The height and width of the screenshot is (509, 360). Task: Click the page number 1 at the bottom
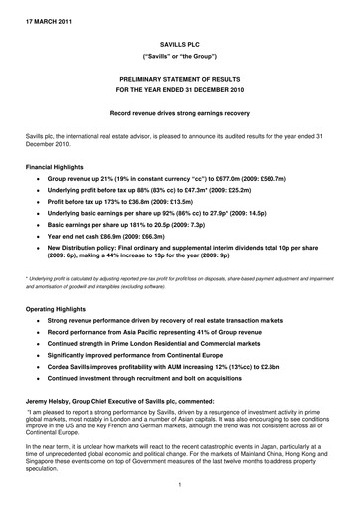coord(179,485)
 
